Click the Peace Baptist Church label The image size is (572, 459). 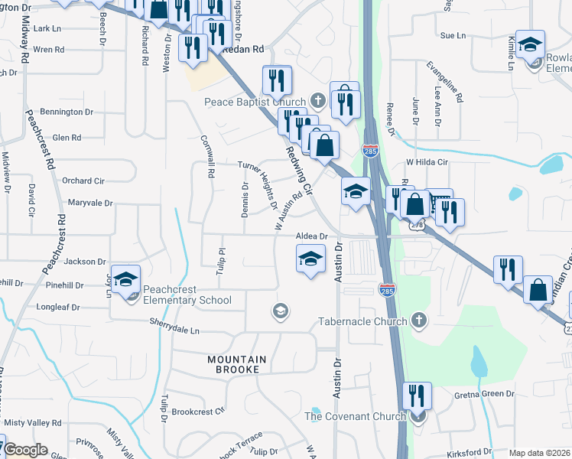pos(255,102)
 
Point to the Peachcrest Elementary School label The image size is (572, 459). pos(187,295)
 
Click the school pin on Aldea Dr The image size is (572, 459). pos(310,260)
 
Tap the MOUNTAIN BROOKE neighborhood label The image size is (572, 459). pos(237,364)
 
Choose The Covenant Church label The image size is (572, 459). pos(356,416)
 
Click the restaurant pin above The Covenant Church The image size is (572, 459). pos(416,396)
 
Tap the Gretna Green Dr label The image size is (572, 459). pos(486,394)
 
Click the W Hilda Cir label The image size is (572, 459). pos(425,162)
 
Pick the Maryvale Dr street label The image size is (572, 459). pos(89,203)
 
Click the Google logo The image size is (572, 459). pos(26,451)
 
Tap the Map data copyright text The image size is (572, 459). pos(539,453)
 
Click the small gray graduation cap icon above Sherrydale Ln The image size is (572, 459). pos(281,311)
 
